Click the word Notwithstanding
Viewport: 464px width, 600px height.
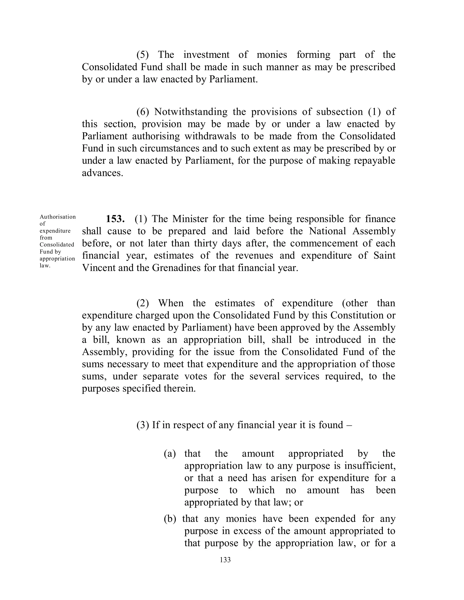pyautogui.click(x=191, y=112)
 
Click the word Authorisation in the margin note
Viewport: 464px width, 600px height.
pyautogui.click(x=58, y=217)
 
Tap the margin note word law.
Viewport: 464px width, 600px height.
pyautogui.click(x=45, y=266)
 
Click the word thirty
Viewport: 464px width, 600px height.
pyautogui.click(x=204, y=243)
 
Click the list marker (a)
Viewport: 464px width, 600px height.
pyautogui.click(x=170, y=454)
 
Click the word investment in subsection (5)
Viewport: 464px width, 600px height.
pyautogui.click(x=206, y=55)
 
